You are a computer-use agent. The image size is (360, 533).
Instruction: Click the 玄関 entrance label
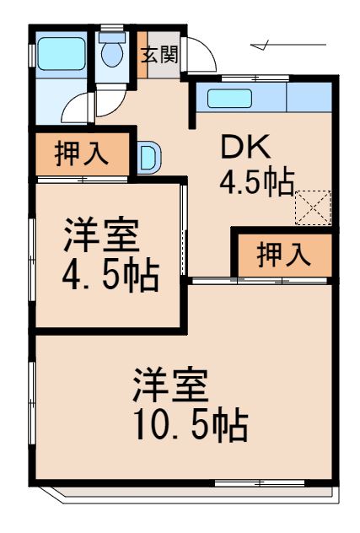(x=159, y=57)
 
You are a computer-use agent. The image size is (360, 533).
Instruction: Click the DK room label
(x=245, y=148)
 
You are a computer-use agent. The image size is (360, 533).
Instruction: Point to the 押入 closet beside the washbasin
(x=82, y=154)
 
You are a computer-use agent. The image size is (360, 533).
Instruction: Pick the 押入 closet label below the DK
(x=282, y=255)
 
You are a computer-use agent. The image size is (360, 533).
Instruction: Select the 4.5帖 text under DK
(x=257, y=180)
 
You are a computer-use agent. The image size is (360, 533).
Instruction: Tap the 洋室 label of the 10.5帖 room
(x=169, y=388)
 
